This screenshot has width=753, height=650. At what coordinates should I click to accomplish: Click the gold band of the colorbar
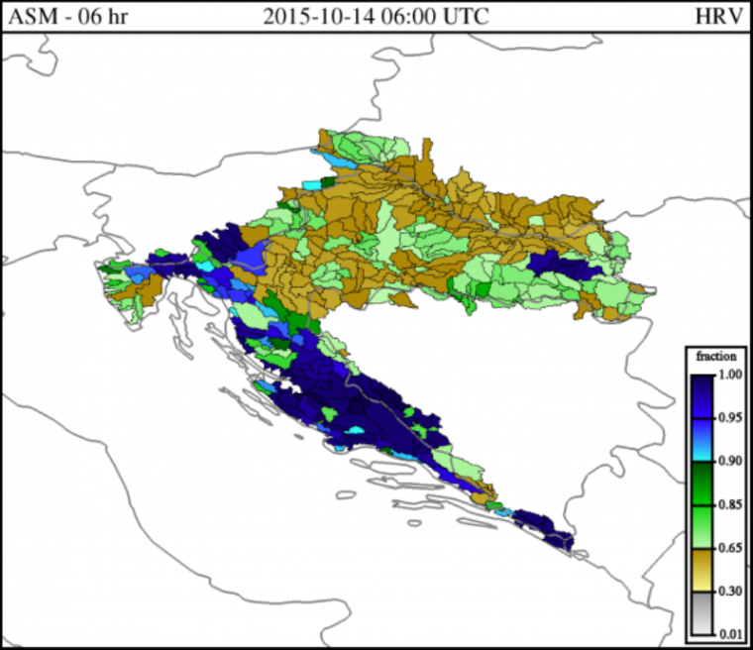(700, 570)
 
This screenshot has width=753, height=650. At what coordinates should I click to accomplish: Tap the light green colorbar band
(700, 526)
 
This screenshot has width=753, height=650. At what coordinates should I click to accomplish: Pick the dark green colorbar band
(700, 483)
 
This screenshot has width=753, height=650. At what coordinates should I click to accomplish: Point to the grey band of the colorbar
(700, 613)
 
